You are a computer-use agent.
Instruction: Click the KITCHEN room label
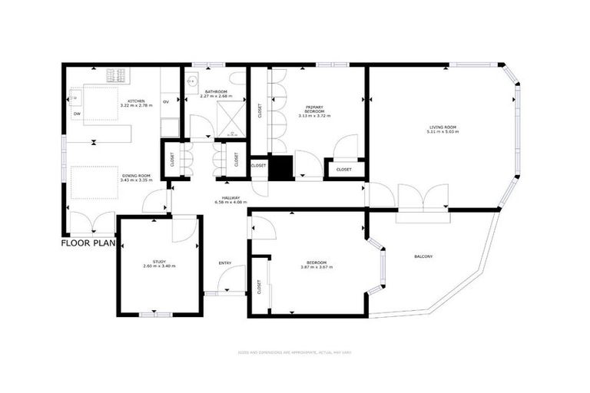[x=136, y=101]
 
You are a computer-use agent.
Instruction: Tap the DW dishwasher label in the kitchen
[x=77, y=114]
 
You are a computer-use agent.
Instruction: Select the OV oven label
[x=165, y=101]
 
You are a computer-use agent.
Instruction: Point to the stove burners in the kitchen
[x=116, y=75]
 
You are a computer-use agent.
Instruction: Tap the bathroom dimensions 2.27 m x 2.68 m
[x=215, y=97]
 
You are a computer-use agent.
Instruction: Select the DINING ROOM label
[x=136, y=176]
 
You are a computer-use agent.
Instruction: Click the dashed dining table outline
[x=94, y=183]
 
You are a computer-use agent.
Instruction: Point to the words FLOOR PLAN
[x=88, y=244]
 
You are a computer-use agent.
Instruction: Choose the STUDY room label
[x=159, y=261]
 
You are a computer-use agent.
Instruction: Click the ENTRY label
[x=224, y=263]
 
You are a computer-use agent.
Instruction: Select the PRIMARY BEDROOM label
[x=315, y=110]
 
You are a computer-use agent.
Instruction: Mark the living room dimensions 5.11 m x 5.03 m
[x=442, y=131]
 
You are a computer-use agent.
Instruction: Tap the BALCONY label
[x=423, y=256]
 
